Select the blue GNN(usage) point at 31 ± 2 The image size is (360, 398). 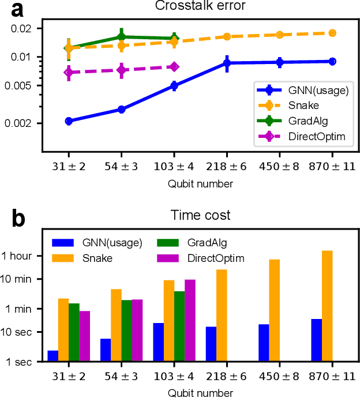69,121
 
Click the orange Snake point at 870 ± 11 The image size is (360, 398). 332,33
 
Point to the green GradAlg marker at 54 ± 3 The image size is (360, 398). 122,36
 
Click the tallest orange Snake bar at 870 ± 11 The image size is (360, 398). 328,306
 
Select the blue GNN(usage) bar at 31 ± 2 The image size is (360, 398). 52,356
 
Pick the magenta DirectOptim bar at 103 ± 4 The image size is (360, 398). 190,320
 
